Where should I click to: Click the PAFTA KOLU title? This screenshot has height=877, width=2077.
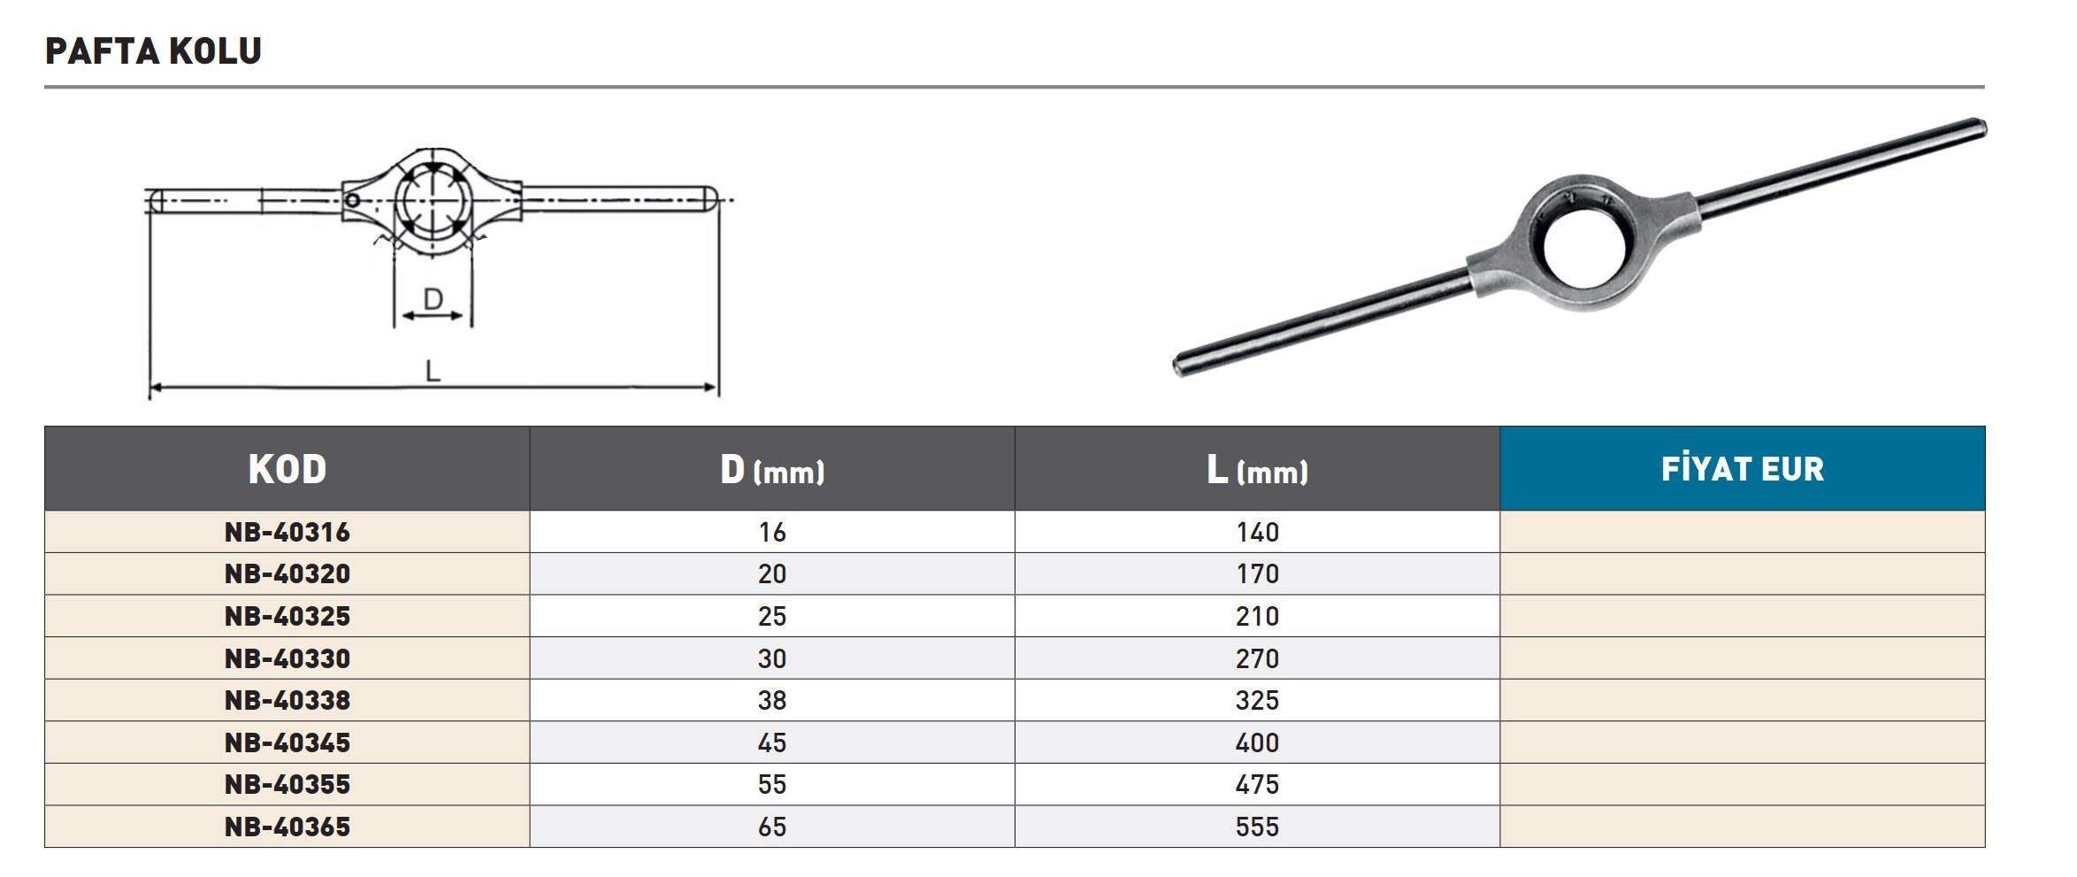(x=153, y=51)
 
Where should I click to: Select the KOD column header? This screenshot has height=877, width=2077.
(x=287, y=469)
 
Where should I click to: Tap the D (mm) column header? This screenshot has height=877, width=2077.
(x=772, y=470)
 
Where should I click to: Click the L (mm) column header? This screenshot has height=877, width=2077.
(x=1257, y=470)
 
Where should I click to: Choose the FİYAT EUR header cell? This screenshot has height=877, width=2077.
(x=1743, y=468)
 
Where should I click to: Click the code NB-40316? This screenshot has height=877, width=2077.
(x=287, y=532)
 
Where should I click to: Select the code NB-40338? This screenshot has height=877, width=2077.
(x=287, y=700)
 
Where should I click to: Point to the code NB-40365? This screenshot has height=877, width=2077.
(x=287, y=827)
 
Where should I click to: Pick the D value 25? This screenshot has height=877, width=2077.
(x=772, y=616)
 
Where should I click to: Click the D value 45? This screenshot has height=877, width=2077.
(x=772, y=742)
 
